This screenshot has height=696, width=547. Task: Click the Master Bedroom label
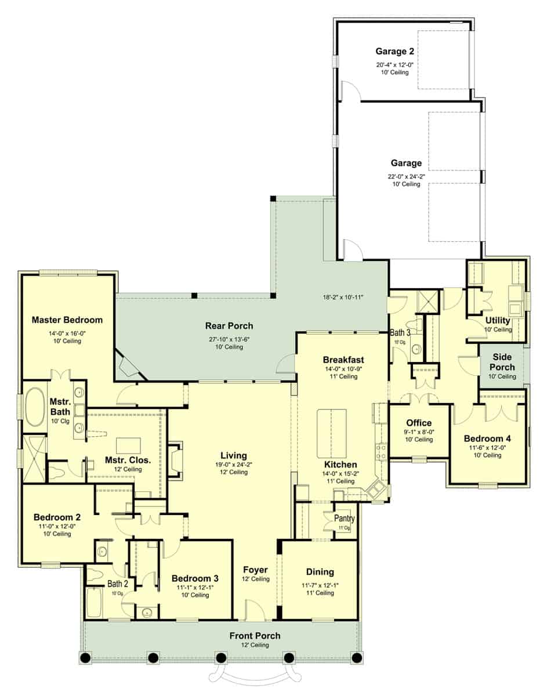point(67,320)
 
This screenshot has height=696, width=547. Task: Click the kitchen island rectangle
point(331,433)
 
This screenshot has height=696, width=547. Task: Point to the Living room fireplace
point(175,460)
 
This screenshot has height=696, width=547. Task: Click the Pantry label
point(344,518)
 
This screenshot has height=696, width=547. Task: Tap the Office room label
point(418,423)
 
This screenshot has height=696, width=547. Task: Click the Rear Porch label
point(229,326)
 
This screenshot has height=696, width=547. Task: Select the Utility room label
point(497,320)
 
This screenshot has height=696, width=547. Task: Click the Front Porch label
point(255,636)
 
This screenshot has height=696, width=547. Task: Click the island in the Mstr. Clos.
point(129,445)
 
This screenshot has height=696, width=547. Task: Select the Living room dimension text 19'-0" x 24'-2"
point(233,464)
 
